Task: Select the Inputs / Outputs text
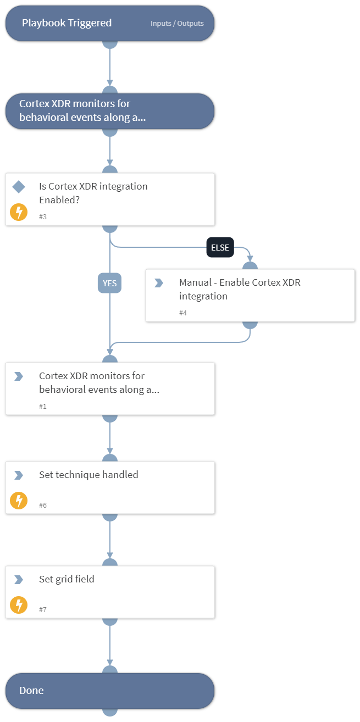point(177,24)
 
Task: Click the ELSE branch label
point(220,247)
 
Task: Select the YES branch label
point(110,283)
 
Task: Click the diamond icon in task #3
point(19,187)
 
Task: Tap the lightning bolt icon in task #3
point(19,212)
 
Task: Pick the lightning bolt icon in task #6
point(19,501)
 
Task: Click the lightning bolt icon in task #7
point(19,605)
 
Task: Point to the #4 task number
point(183,313)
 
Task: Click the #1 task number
point(43,406)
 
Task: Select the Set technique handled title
point(88,475)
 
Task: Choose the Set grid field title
point(67,579)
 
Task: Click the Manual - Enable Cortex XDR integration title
point(240,290)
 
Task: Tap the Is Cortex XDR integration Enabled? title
point(93,193)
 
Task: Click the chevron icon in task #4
point(159,283)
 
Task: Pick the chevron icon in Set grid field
point(19,580)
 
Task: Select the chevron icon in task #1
point(19,376)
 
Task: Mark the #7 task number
point(43,609)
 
